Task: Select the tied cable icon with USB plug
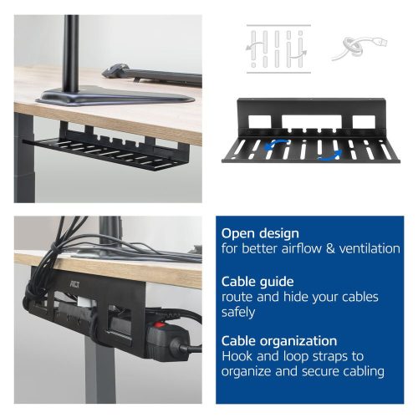(357, 46)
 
